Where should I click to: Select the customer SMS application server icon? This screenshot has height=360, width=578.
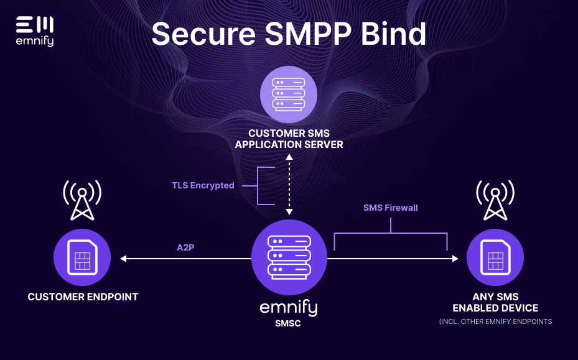pos(289,95)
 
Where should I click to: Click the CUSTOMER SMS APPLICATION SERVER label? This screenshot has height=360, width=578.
pos(289,139)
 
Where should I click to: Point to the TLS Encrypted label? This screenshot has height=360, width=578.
pos(203,185)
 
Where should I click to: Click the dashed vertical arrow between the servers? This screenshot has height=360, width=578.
pos(289,185)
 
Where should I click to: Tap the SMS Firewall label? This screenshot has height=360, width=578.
pos(391,208)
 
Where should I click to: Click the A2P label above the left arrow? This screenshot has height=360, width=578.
pos(186,247)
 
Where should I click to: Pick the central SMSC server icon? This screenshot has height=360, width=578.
pos(289,257)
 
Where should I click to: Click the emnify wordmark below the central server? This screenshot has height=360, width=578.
pos(289,308)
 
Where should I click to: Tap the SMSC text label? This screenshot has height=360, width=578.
pos(289,323)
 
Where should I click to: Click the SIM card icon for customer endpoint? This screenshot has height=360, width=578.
pos(82,257)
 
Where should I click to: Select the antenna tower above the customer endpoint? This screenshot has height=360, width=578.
pos(82,200)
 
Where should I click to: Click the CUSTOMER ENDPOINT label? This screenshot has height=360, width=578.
pos(83,297)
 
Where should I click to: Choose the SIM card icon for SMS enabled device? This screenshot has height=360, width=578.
pos(495,257)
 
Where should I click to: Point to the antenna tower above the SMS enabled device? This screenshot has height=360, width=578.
pos(495,200)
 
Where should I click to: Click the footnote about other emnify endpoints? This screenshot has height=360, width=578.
pos(495,321)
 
